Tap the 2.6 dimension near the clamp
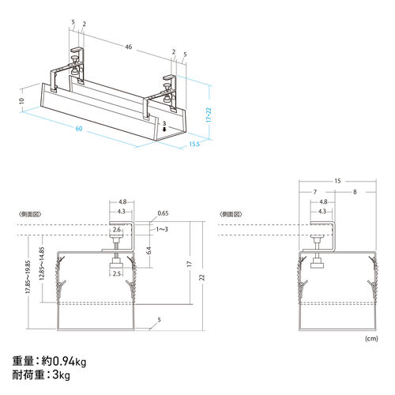coord(117,230)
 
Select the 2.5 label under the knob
coord(117,273)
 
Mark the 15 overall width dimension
coord(337,181)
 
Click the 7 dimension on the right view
coord(314,192)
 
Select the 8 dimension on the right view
coord(354,192)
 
